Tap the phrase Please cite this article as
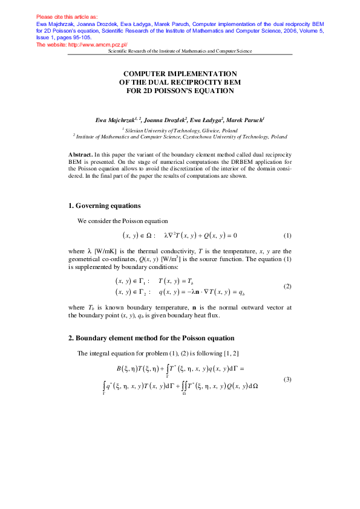pyautogui.click(x=67, y=16)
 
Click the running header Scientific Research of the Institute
pyautogui.click(x=180, y=51)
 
